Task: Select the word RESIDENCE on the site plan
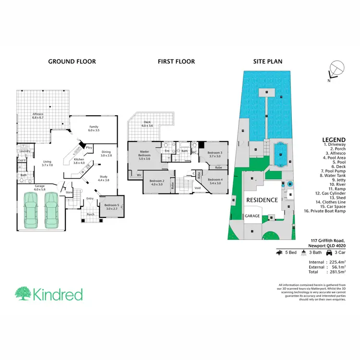pyautogui.click(x=262, y=199)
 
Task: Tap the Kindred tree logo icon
pyautogui.click(x=23, y=294)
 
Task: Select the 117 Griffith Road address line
pyautogui.click(x=328, y=240)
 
